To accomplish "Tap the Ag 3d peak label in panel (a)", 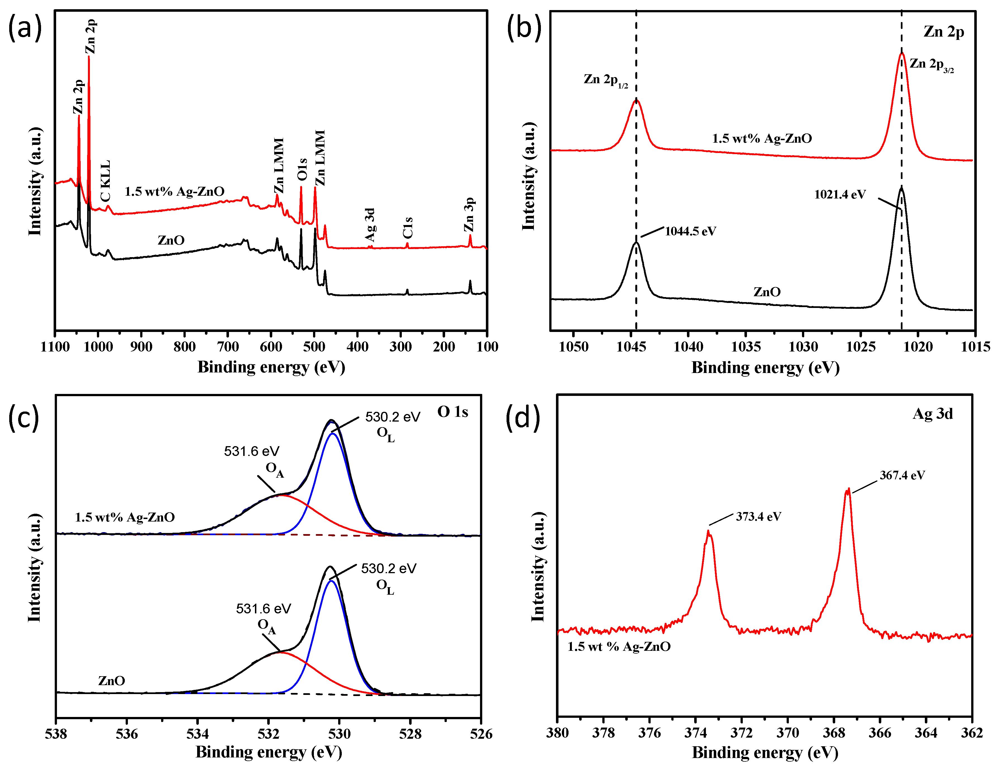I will [370, 224].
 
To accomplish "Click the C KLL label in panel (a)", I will [105, 181].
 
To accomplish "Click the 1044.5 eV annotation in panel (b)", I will [690, 231].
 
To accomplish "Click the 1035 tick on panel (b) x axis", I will [746, 347].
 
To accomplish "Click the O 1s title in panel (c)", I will [452, 412].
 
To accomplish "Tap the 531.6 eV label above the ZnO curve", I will [263, 609].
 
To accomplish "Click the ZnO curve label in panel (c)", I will [111, 681].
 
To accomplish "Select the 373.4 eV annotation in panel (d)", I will [758, 517].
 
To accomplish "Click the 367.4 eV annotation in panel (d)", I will [902, 475].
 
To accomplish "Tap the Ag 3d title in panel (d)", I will [932, 414].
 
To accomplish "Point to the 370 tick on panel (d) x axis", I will [788, 733].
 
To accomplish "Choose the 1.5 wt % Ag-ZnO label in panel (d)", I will [619, 647].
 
